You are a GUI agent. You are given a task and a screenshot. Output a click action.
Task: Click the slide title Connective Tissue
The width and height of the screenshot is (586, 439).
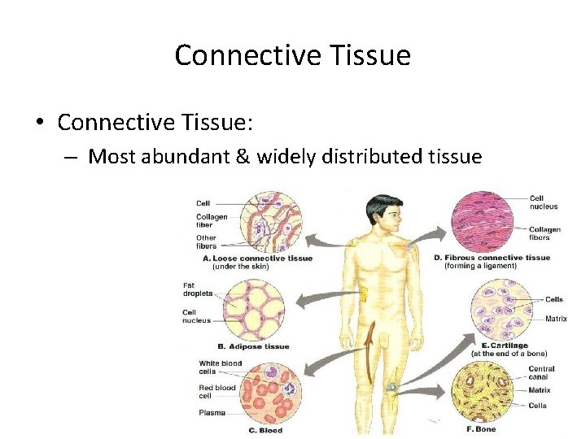[x=292, y=55]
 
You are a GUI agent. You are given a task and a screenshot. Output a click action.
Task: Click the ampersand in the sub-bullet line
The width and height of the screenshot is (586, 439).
[x=243, y=155]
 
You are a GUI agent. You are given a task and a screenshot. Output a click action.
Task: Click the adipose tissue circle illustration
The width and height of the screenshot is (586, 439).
[x=255, y=309]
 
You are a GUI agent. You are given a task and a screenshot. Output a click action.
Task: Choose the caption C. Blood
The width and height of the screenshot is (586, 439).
[x=267, y=430]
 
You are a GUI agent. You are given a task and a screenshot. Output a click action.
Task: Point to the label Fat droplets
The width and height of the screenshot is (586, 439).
[x=199, y=289]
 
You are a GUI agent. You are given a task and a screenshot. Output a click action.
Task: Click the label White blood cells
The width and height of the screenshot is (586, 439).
[x=220, y=367]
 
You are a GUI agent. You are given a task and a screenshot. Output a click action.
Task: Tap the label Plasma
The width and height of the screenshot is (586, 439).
[x=212, y=413]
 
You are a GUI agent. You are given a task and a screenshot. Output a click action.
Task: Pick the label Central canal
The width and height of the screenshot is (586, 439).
[x=541, y=372]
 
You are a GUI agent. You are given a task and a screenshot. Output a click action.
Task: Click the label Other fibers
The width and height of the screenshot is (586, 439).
[x=206, y=241]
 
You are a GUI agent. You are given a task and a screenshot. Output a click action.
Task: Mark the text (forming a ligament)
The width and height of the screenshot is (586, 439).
[x=480, y=267]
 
